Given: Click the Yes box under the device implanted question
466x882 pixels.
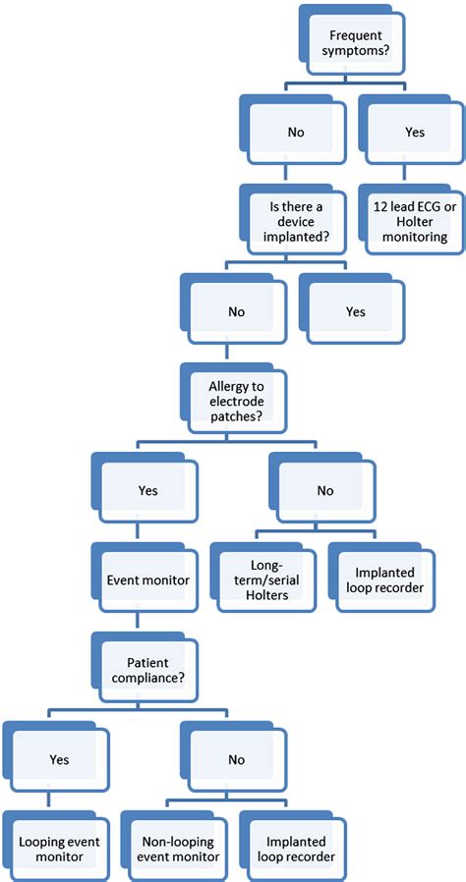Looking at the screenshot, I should coord(355,311).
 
